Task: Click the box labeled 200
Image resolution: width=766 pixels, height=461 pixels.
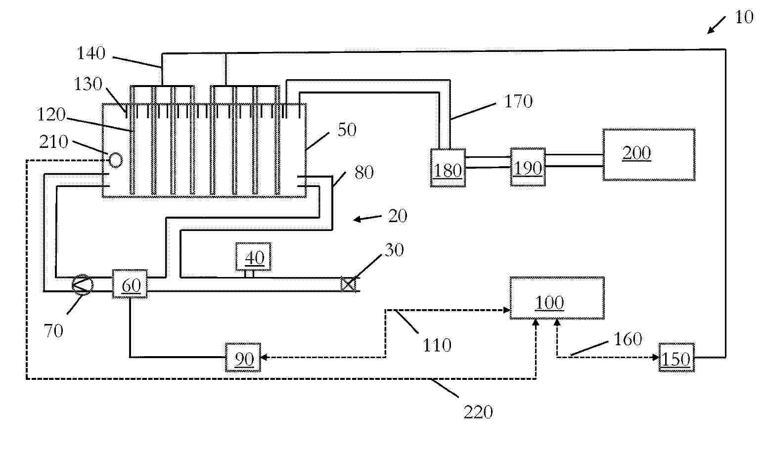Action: click(x=648, y=155)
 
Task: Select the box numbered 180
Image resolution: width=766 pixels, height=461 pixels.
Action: click(x=448, y=167)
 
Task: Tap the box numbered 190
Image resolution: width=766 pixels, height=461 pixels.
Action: click(x=528, y=167)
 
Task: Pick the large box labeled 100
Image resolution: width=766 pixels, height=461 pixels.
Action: click(x=557, y=298)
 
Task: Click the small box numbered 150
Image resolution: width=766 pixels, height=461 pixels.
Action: click(x=676, y=357)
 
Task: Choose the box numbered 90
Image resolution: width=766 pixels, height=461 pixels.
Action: click(x=243, y=357)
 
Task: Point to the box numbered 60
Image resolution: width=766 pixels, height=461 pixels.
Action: click(x=130, y=284)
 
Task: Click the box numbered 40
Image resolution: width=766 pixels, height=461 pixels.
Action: click(x=253, y=257)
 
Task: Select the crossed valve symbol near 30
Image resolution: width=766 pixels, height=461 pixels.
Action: click(x=348, y=284)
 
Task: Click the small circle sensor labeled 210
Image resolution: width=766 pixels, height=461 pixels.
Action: click(x=115, y=159)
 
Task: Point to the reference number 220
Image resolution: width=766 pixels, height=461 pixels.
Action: click(x=478, y=412)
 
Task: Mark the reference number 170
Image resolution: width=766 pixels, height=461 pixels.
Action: click(x=518, y=102)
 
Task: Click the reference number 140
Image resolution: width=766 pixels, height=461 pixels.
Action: click(x=91, y=53)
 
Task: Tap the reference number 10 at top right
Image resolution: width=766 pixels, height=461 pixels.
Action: click(x=743, y=18)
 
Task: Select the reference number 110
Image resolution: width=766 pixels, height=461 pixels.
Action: click(x=436, y=345)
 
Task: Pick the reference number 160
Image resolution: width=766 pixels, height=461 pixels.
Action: click(x=627, y=339)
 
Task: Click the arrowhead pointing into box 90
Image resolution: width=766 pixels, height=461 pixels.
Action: click(x=263, y=357)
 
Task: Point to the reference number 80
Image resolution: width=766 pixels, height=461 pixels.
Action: click(x=364, y=173)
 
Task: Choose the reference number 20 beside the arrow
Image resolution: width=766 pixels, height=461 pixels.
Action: click(x=397, y=216)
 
